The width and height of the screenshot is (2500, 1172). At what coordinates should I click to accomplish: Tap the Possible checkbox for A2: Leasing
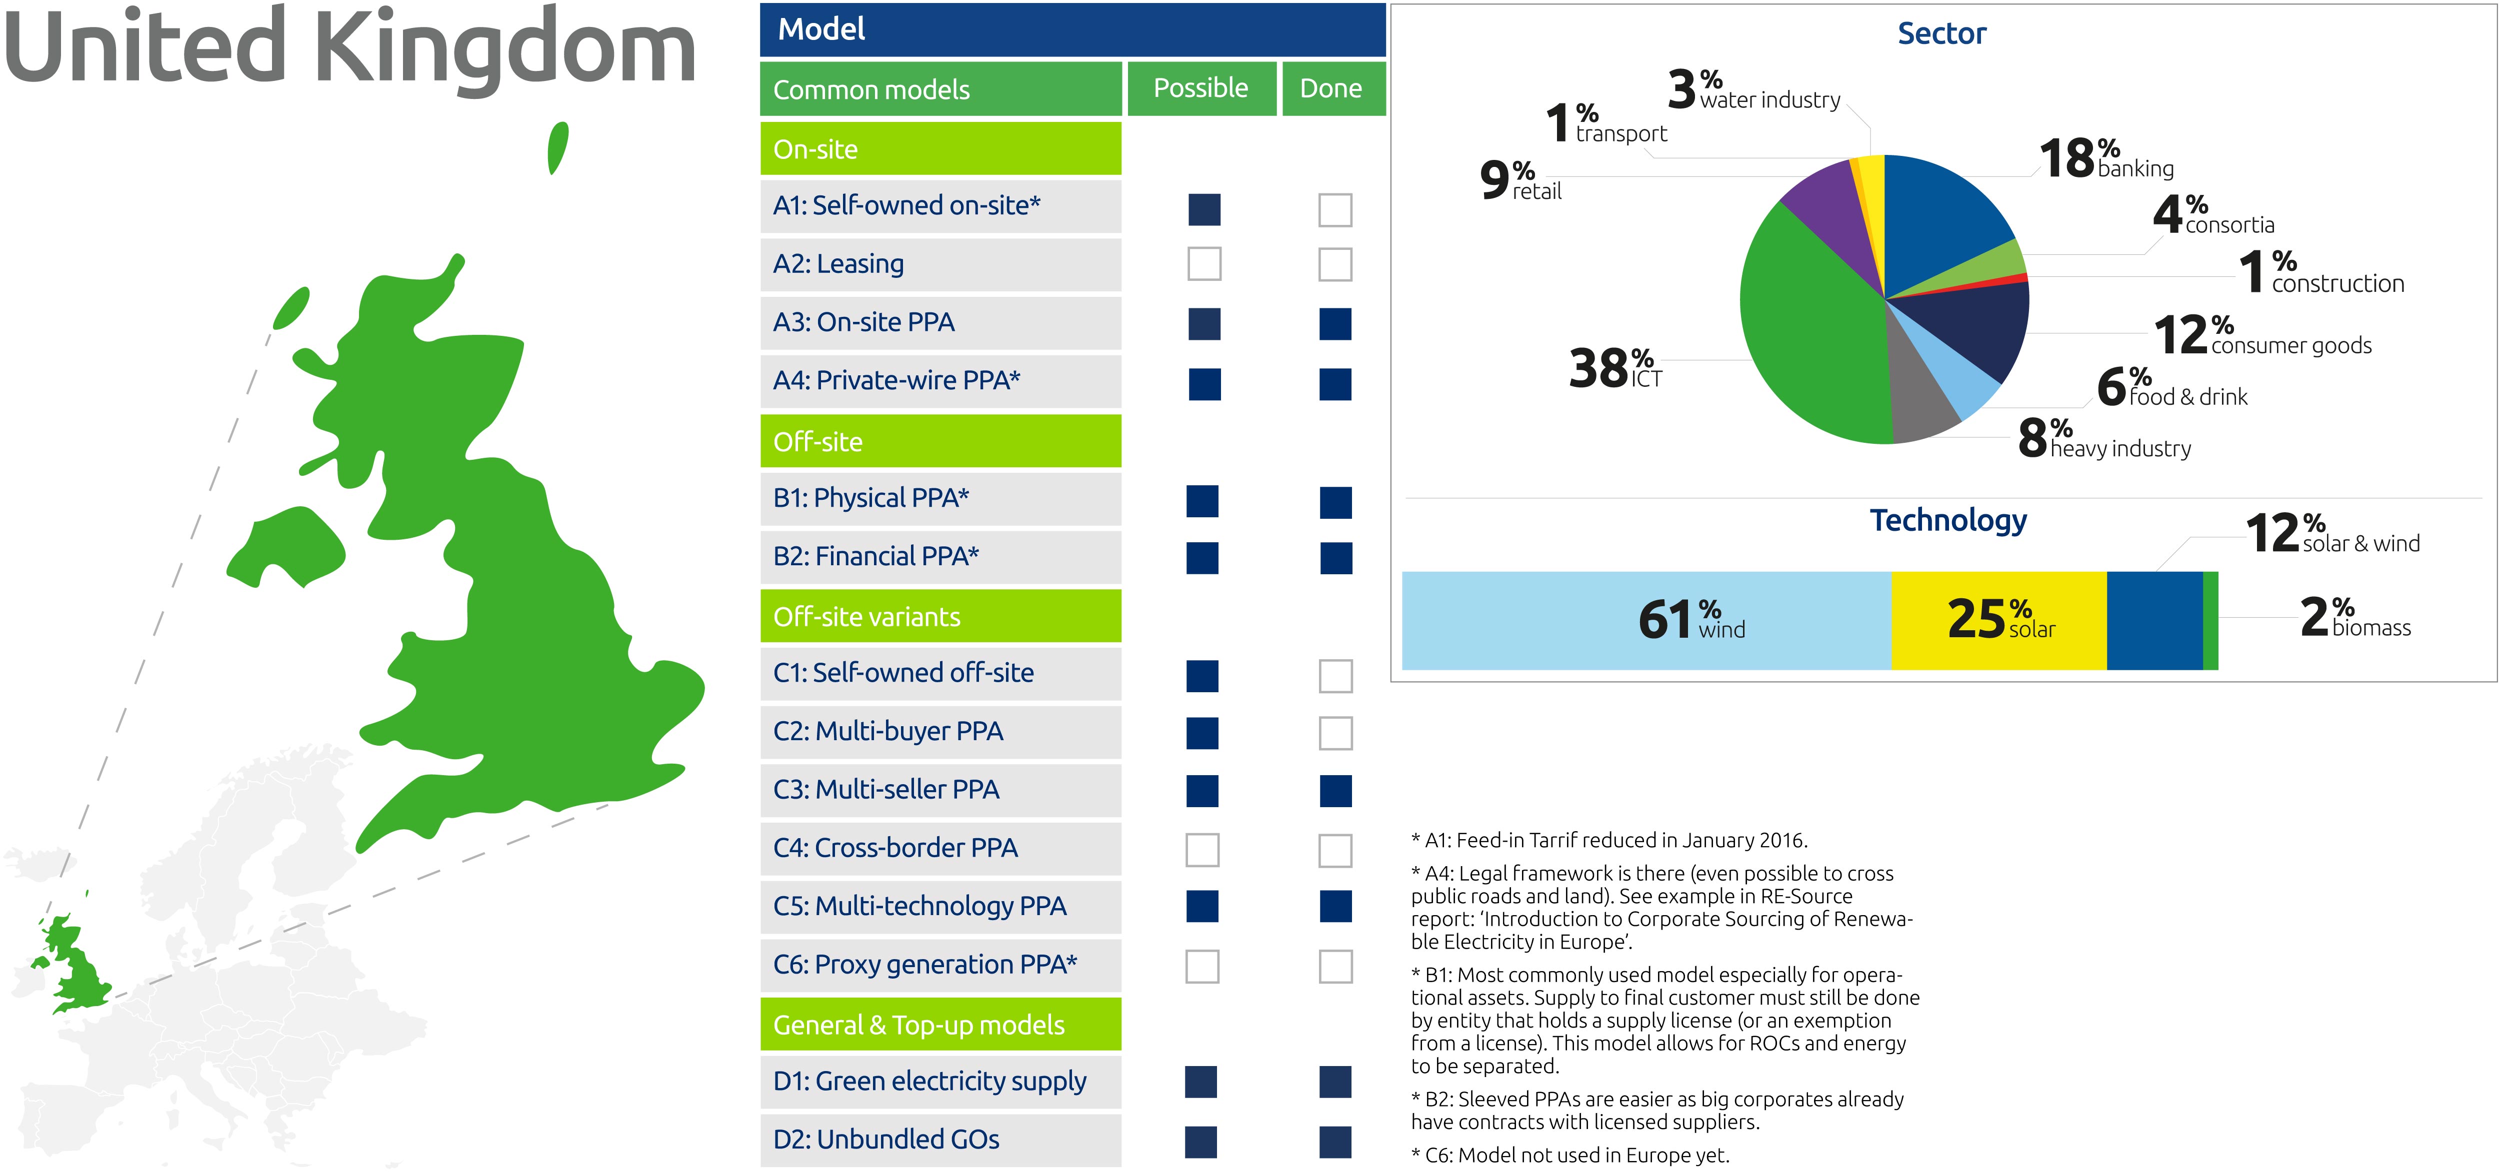pos(1204,264)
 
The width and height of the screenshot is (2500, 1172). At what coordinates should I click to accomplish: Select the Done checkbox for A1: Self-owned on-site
pos(1335,209)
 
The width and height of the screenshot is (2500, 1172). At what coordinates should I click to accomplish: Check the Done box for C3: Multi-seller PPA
pos(1335,791)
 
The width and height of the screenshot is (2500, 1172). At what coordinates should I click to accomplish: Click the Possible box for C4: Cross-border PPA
pos(1202,850)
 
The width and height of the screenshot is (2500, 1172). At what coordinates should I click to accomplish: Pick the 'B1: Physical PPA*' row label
pos(870,498)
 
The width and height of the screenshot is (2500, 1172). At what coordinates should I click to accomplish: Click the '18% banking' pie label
pos(2106,159)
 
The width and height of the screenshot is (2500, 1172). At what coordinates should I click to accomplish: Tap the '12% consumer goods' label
pos(2262,336)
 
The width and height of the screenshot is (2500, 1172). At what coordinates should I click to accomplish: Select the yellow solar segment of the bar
pos(1999,621)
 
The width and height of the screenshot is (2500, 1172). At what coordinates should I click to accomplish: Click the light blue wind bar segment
pos(1647,621)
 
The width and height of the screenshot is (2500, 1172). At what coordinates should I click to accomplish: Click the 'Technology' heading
pos(1949,521)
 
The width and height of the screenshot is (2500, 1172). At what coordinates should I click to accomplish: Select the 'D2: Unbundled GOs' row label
pos(886,1139)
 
